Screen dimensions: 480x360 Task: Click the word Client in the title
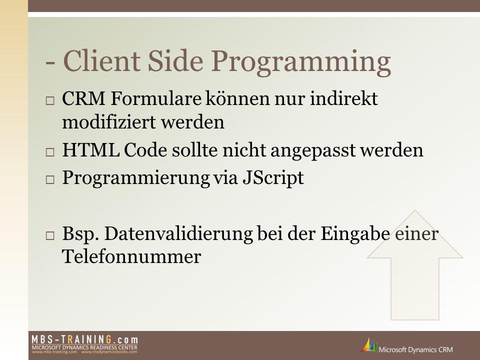point(101,60)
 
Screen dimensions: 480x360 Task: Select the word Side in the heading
point(175,60)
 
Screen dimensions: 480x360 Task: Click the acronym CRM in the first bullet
point(83,98)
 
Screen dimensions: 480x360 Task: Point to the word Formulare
point(156,98)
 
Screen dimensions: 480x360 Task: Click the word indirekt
point(344,98)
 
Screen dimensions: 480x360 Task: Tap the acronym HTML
point(91,150)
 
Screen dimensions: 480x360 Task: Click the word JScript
point(273,178)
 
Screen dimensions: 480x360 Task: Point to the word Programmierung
point(136,178)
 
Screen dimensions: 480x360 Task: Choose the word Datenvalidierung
point(178,234)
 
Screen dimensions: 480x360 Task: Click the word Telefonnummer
point(131,256)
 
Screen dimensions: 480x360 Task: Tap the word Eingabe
point(355,235)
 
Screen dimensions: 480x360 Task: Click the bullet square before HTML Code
point(50,152)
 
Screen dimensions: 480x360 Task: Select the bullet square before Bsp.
point(50,235)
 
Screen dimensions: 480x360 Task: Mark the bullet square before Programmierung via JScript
point(50,179)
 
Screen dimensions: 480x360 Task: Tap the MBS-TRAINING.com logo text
point(85,339)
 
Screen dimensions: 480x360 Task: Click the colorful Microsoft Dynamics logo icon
point(369,345)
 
